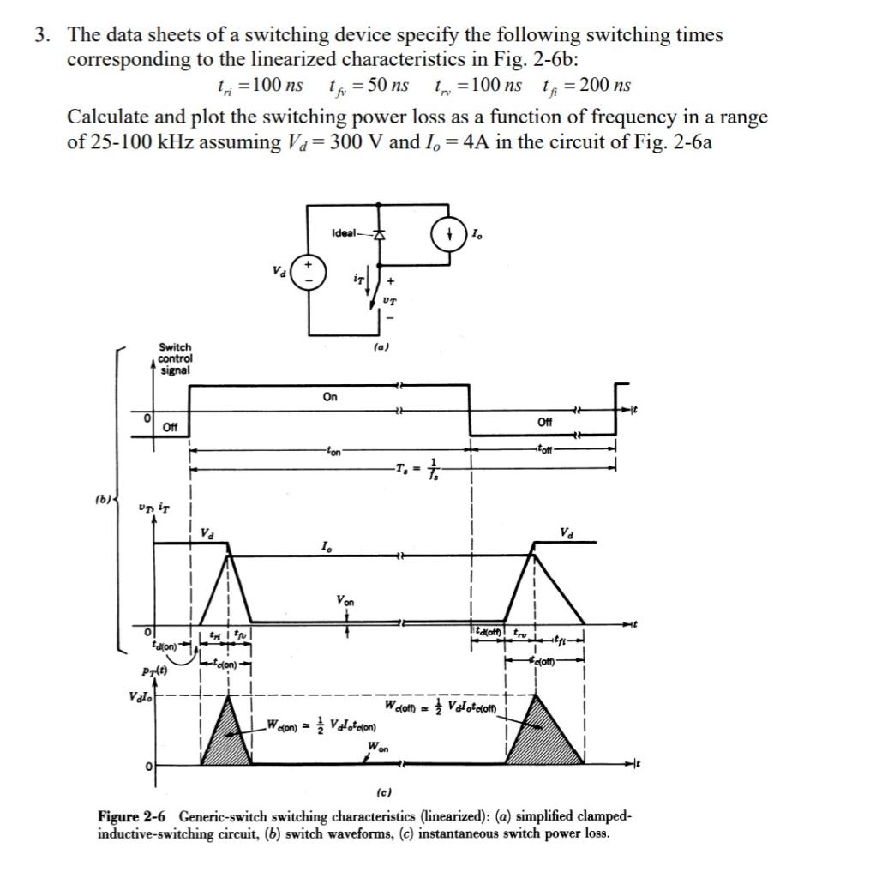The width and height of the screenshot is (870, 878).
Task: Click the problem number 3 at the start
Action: (40, 36)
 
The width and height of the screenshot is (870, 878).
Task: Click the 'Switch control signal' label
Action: (175, 358)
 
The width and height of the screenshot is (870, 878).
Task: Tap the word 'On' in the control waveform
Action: (330, 396)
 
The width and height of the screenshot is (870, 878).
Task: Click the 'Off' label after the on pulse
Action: (545, 422)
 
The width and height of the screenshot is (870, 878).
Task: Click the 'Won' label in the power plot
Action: (378, 747)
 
